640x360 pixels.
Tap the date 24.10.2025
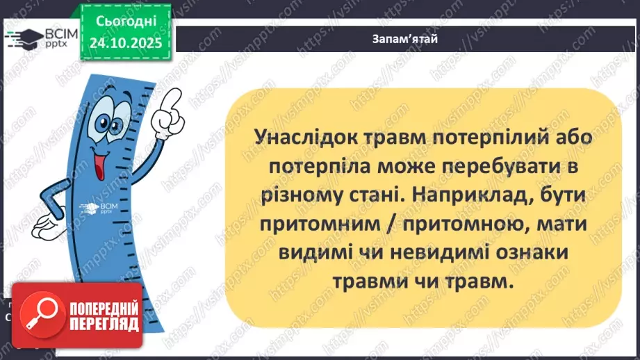coord(124,43)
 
